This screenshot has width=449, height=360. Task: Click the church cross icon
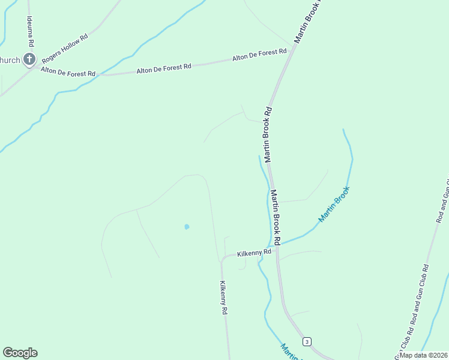click(x=29, y=59)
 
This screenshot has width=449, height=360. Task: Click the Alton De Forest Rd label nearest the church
click(x=68, y=72)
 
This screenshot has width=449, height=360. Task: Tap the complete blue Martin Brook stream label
click(x=333, y=205)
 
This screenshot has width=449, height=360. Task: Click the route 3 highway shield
click(x=307, y=341)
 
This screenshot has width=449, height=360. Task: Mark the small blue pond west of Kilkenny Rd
click(x=187, y=227)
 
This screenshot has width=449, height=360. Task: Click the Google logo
click(x=20, y=353)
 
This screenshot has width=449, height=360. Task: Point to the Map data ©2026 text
click(x=423, y=355)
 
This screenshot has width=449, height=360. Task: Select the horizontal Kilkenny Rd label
click(x=254, y=253)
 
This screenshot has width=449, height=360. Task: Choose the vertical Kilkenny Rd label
click(x=223, y=298)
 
